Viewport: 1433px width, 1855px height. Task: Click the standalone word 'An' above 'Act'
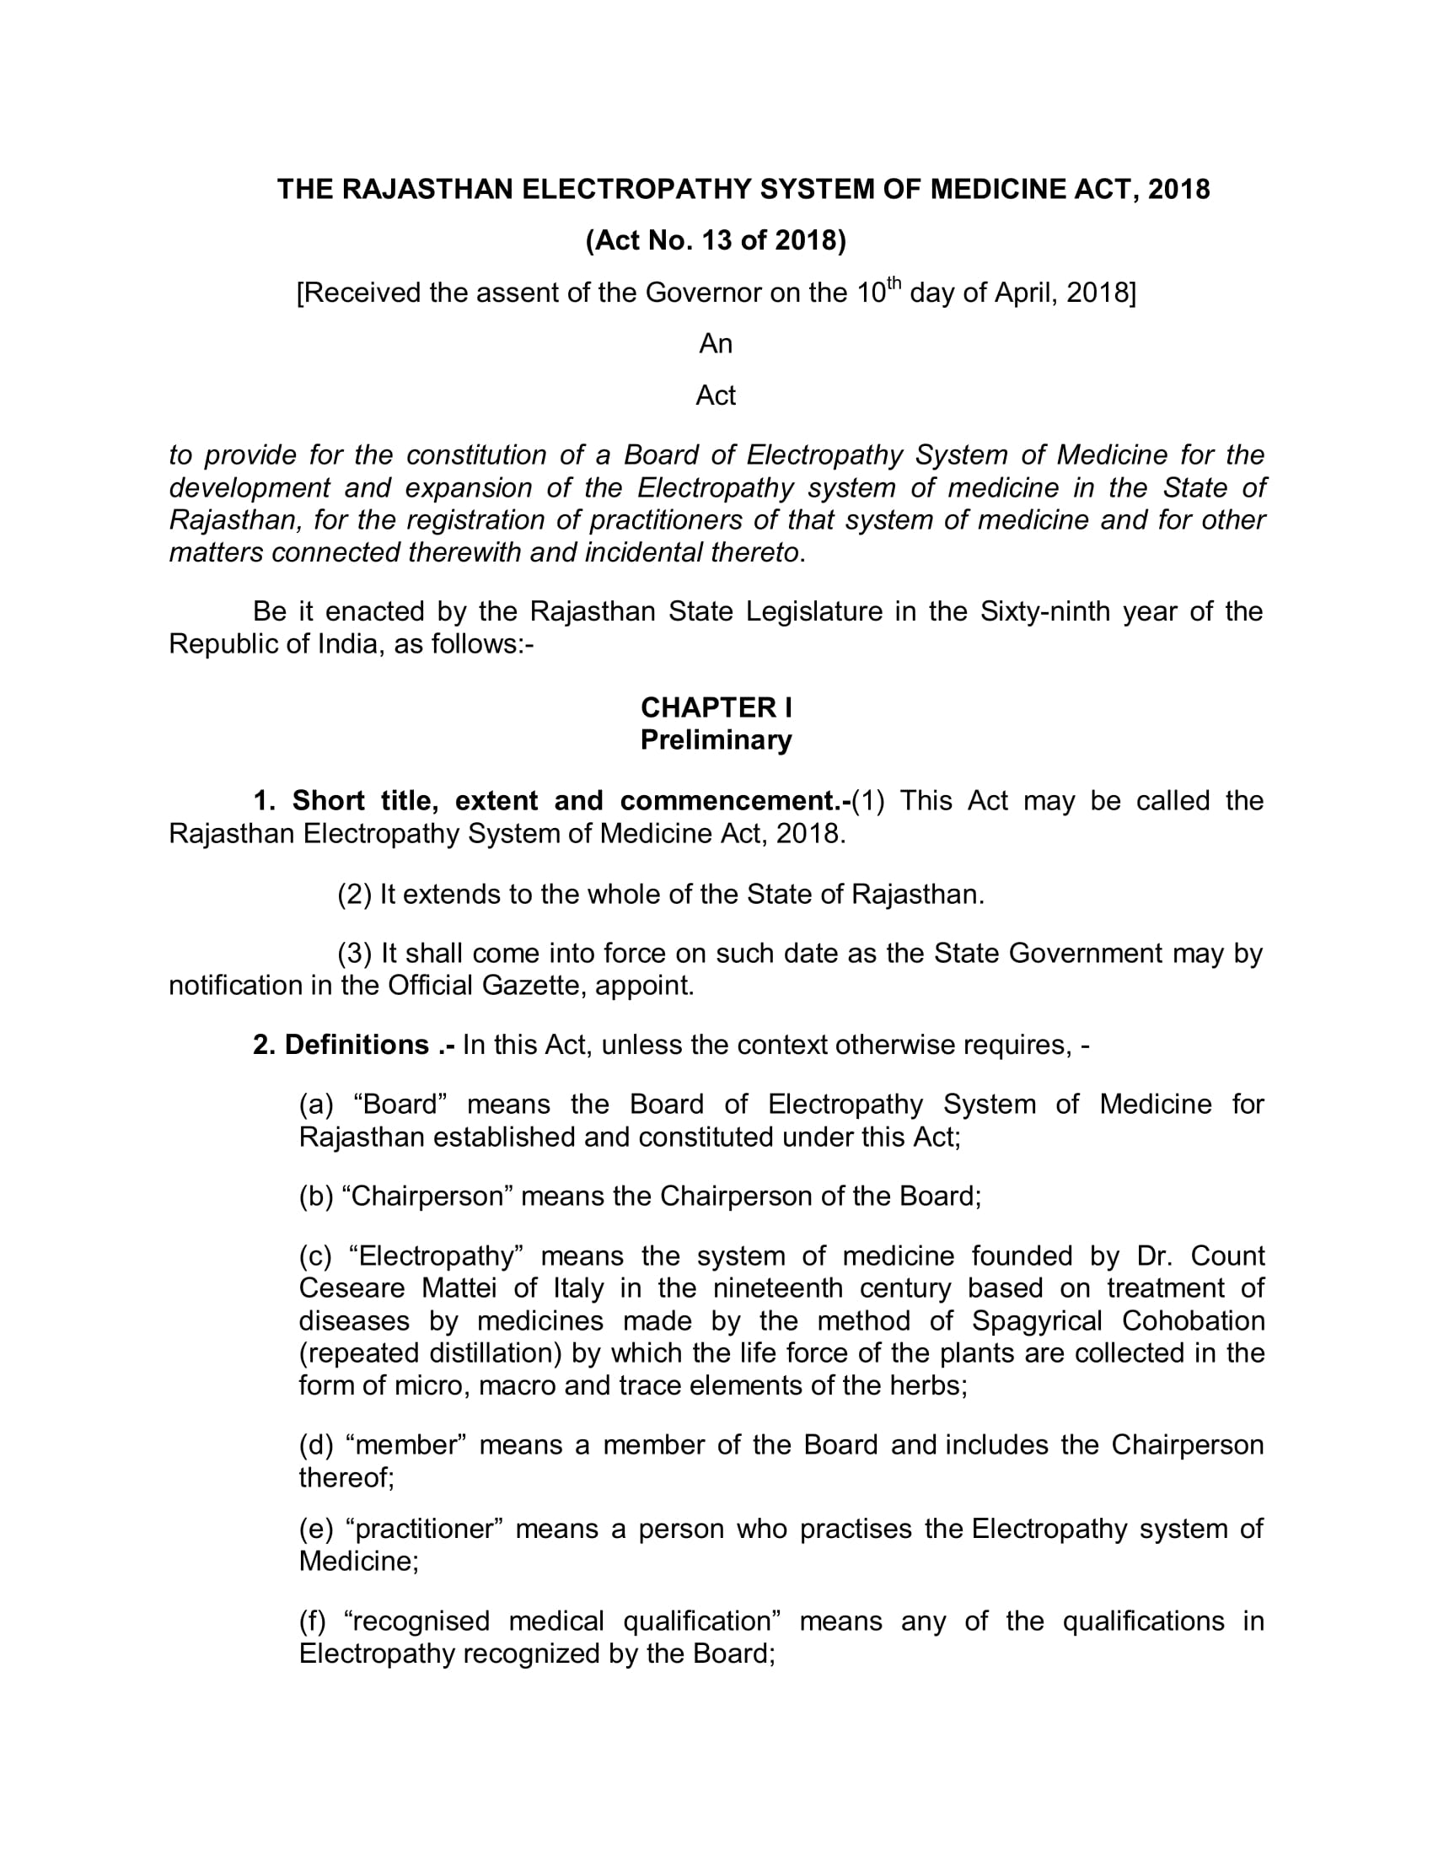coord(716,344)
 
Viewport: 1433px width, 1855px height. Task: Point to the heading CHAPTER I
coord(716,707)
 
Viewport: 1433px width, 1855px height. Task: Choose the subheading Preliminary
coord(716,739)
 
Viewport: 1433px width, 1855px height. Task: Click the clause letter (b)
coord(316,1196)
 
